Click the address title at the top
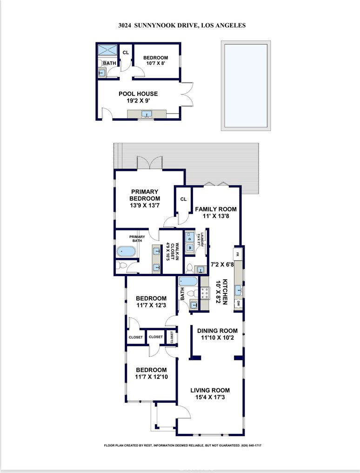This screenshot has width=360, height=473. [181, 25]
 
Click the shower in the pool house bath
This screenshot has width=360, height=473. [107, 50]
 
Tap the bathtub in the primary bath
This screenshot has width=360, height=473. [126, 252]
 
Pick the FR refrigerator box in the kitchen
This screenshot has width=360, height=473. [237, 254]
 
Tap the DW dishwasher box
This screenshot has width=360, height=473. [238, 304]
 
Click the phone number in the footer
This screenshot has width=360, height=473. [251, 446]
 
